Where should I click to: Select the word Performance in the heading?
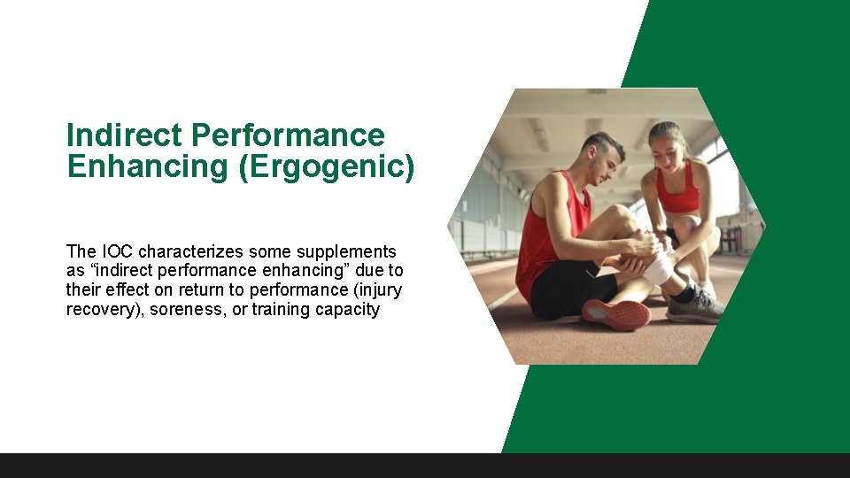tap(288, 135)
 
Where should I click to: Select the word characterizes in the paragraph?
tap(187, 251)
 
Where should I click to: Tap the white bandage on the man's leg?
tap(660, 267)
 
